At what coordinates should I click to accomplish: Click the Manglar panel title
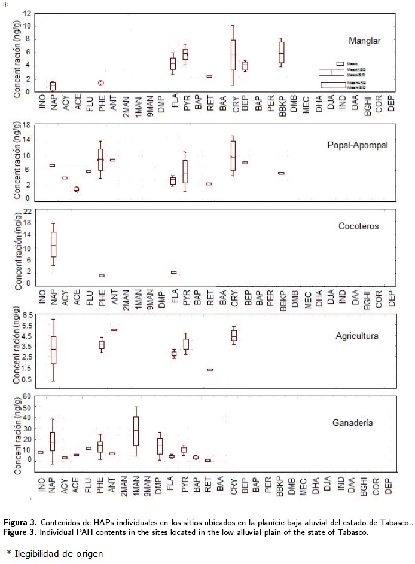[x=365, y=41]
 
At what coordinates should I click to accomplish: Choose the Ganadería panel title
[x=353, y=423]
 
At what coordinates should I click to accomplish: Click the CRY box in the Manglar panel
[x=233, y=55]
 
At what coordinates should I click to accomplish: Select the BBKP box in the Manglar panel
[x=281, y=53]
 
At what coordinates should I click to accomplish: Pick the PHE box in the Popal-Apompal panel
[x=100, y=160]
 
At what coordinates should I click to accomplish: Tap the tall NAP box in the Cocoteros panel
[x=53, y=244]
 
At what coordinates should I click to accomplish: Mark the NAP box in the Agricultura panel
[x=53, y=350]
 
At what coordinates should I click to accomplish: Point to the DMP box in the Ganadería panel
[x=160, y=446]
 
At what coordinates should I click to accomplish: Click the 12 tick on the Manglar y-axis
[x=26, y=14]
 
